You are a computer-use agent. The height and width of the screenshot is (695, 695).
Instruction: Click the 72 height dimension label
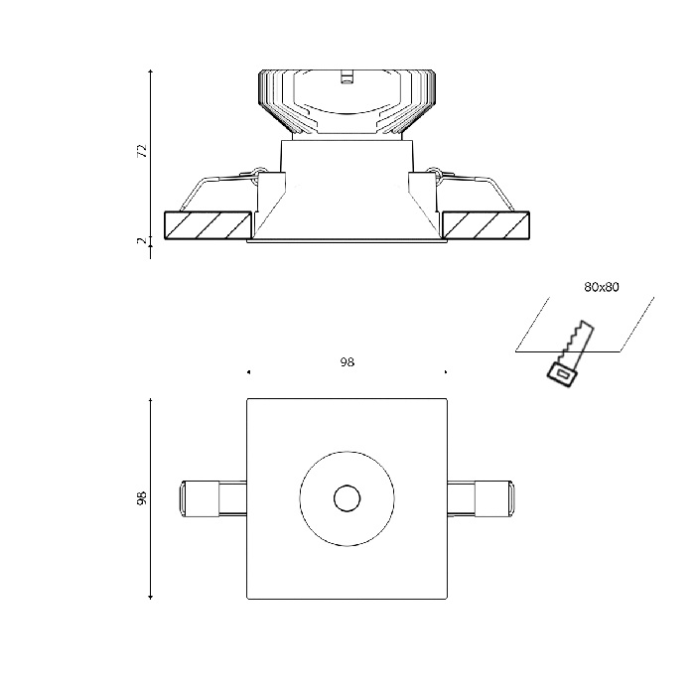coord(142,151)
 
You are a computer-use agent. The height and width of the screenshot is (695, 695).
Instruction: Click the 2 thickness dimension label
coord(142,240)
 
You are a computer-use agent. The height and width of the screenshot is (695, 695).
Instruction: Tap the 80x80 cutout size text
coord(601,287)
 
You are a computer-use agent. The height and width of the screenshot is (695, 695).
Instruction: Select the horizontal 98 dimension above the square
coord(347,362)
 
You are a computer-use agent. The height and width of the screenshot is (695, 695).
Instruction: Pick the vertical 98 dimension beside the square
coord(142,498)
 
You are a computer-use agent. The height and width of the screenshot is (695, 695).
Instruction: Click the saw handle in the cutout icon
coord(561,374)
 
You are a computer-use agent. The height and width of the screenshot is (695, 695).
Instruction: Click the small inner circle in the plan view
coord(347,498)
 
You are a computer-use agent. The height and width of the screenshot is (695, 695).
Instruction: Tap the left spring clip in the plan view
coord(212,498)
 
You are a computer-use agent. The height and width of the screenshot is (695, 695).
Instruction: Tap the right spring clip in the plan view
coord(481,498)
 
